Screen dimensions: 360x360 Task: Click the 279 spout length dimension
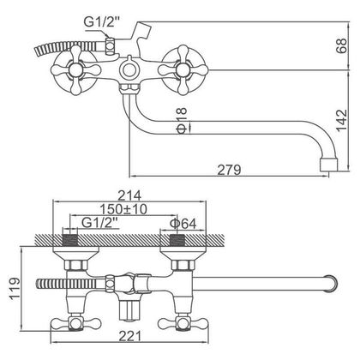point(229,170)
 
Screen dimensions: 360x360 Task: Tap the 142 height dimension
point(342,120)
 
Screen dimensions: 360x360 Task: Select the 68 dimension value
point(342,45)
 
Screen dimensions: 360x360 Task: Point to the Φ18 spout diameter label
point(182,120)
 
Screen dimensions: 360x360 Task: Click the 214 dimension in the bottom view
point(129,195)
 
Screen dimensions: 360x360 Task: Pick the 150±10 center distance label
point(123,209)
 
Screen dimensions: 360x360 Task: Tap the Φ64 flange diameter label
point(183,224)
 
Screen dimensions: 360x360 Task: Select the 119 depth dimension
point(15,288)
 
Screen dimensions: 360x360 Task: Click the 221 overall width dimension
point(130,336)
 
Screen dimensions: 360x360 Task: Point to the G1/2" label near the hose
point(99,21)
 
